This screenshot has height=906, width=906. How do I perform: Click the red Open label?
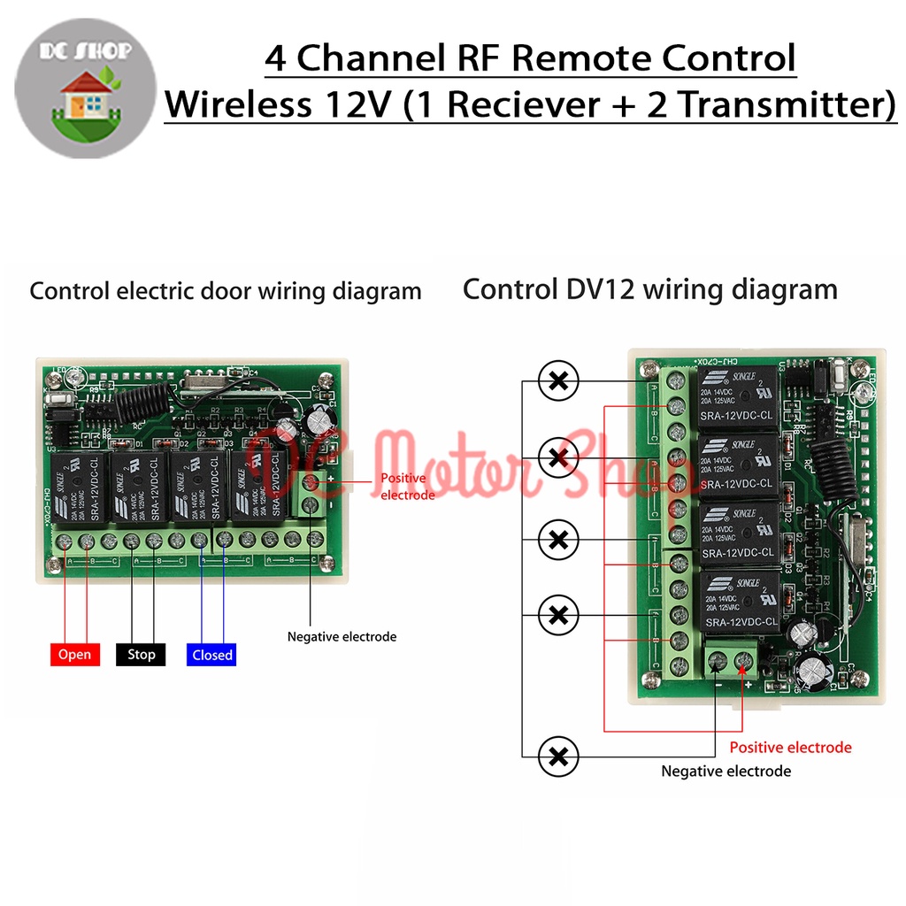click(x=74, y=655)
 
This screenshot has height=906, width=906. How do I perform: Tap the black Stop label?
click(x=141, y=655)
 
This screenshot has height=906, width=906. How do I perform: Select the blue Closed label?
click(x=211, y=655)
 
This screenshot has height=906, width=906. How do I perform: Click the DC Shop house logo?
click(x=86, y=93)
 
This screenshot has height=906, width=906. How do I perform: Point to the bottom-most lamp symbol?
click(x=558, y=756)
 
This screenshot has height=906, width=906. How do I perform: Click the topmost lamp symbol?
click(x=558, y=382)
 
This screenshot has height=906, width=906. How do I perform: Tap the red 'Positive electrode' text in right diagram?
click(x=790, y=748)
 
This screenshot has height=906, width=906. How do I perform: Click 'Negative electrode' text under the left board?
click(x=342, y=636)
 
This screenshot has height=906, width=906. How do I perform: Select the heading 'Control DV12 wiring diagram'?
click(x=649, y=289)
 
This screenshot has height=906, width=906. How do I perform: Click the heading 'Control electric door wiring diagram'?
click(x=226, y=291)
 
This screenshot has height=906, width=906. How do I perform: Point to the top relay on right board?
click(x=738, y=398)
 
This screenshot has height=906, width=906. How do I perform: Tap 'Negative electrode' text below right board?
click(x=726, y=772)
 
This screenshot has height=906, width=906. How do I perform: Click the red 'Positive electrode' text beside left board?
click(x=408, y=487)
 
